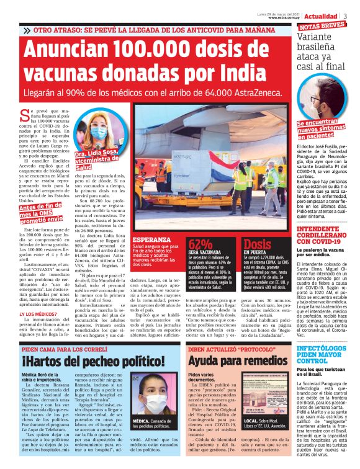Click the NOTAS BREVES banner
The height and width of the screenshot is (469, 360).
[322, 25]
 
